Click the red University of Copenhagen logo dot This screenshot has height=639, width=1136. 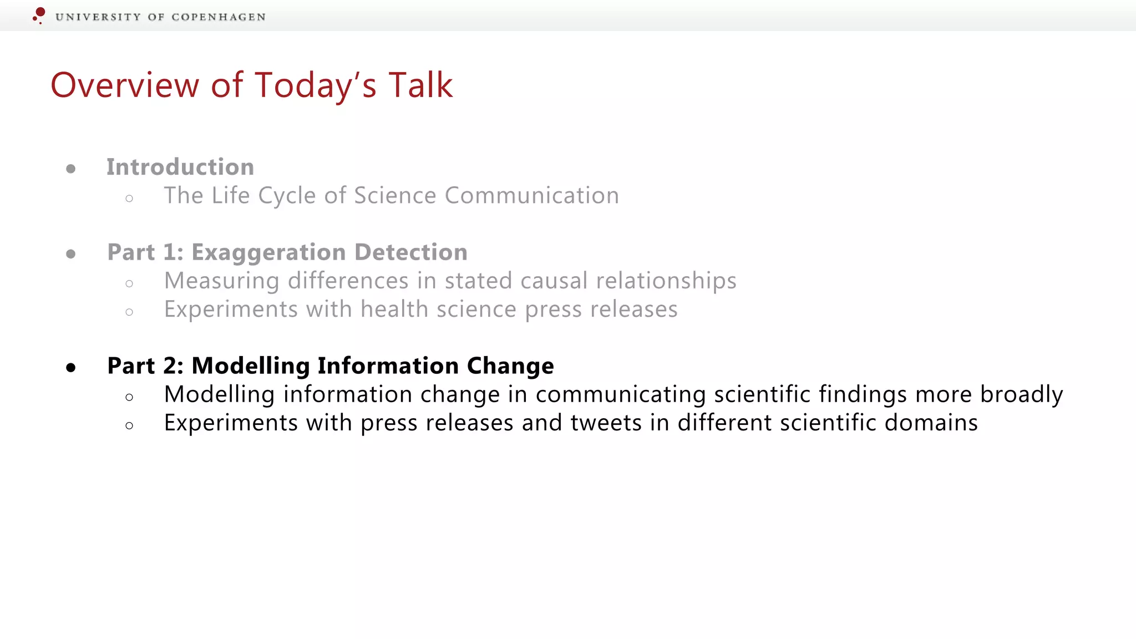[x=40, y=13]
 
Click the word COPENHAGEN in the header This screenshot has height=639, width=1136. [x=219, y=17]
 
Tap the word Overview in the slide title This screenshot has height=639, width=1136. [x=125, y=85]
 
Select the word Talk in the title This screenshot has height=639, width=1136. [x=420, y=85]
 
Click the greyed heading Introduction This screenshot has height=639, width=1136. [x=180, y=167]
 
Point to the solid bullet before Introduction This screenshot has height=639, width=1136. [x=70, y=169]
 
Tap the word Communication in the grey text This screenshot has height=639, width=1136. [x=531, y=196]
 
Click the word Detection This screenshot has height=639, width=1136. [x=410, y=252]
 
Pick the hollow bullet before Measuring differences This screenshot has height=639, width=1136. [x=129, y=284]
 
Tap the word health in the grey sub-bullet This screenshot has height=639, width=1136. [x=394, y=310]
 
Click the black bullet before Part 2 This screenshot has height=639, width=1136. [x=70, y=367]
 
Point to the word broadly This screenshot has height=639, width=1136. [x=1021, y=394]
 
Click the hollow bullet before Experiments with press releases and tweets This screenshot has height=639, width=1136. [x=129, y=426]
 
